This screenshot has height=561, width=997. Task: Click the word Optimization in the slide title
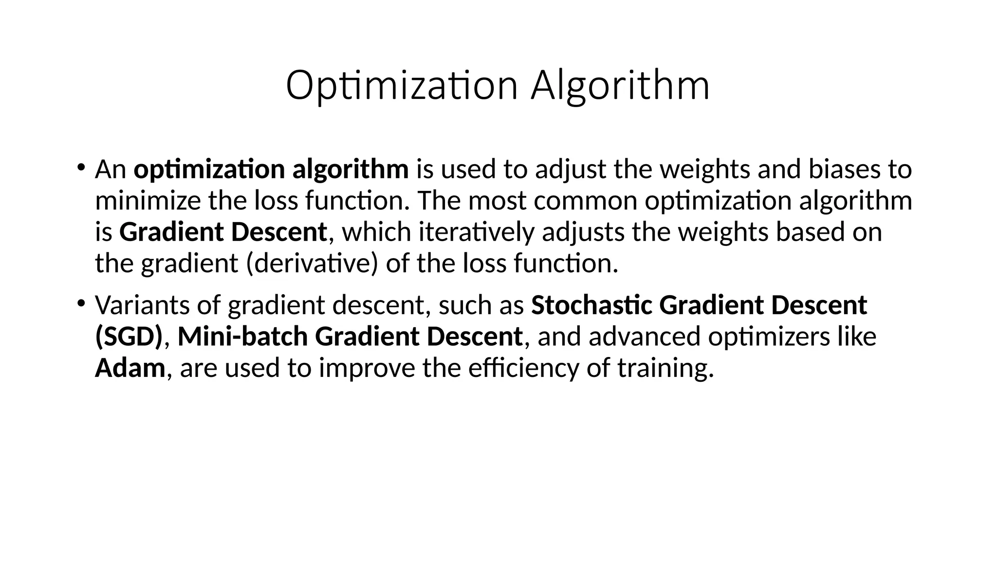402,86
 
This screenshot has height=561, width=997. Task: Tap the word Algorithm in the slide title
620,86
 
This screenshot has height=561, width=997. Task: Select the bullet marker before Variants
81,303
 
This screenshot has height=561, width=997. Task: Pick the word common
585,201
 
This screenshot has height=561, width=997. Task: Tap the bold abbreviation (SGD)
129,337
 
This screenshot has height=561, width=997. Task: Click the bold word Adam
130,368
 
